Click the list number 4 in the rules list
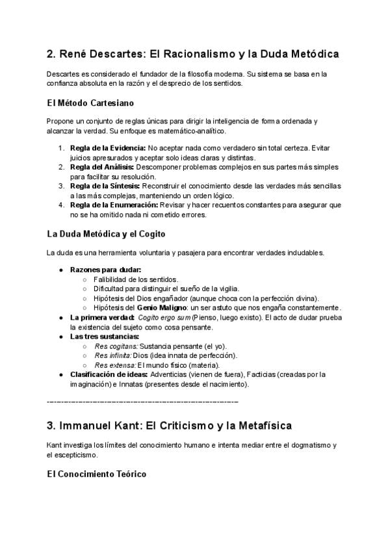coord(60,205)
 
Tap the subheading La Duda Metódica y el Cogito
coord(107,233)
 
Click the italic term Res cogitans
coord(116,346)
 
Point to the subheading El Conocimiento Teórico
coord(97,474)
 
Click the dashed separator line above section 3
coord(143,402)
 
